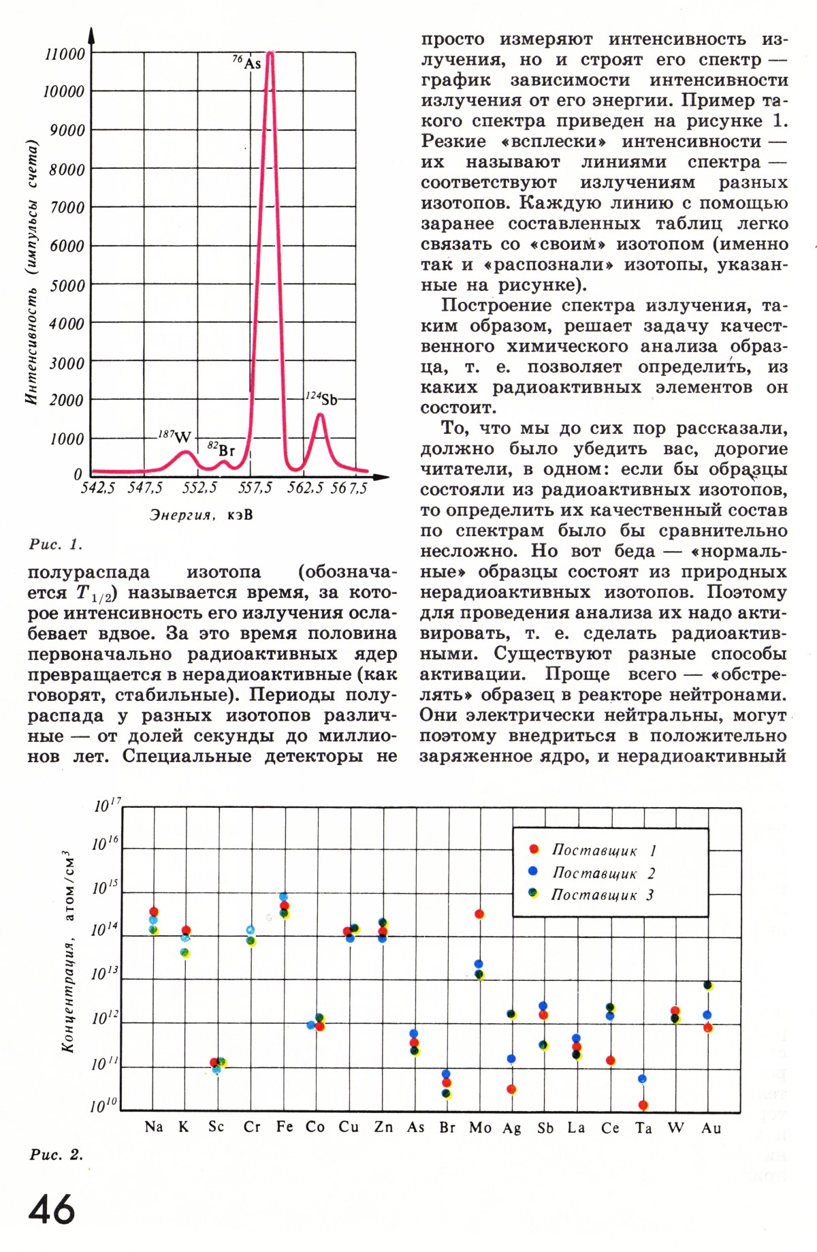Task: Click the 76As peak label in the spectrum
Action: tap(247, 63)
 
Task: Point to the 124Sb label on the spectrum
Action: tap(321, 398)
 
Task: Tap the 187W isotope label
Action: tap(175, 436)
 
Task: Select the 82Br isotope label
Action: tap(221, 450)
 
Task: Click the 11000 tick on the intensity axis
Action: tap(65, 54)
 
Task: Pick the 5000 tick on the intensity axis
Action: tap(67, 285)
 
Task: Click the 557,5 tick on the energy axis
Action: tap(255, 488)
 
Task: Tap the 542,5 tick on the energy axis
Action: tap(98, 488)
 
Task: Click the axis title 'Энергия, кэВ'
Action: tap(201, 515)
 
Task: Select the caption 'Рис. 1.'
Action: tap(55, 544)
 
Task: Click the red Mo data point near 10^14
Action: tap(479, 914)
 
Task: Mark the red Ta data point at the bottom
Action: tap(643, 1105)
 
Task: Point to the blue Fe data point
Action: tap(284, 896)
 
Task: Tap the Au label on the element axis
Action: tap(711, 1128)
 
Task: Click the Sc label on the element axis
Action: tap(216, 1127)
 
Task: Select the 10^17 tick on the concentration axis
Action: tap(107, 805)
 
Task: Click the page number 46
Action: tap(52, 1210)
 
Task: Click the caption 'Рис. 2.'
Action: tap(57, 1155)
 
